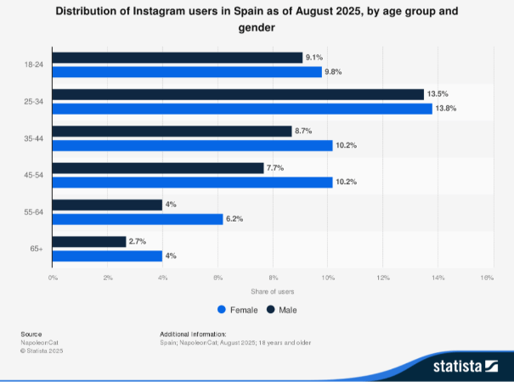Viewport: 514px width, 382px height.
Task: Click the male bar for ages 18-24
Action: click(x=178, y=58)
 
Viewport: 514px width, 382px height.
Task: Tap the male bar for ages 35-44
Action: click(x=172, y=132)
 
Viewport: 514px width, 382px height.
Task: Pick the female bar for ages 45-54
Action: click(x=193, y=182)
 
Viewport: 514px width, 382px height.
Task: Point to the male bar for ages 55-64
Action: click(x=108, y=205)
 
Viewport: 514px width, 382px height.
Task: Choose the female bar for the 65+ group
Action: click(x=108, y=256)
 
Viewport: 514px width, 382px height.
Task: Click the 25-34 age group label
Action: click(x=36, y=102)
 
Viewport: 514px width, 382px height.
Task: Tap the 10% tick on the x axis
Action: click(x=328, y=278)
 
